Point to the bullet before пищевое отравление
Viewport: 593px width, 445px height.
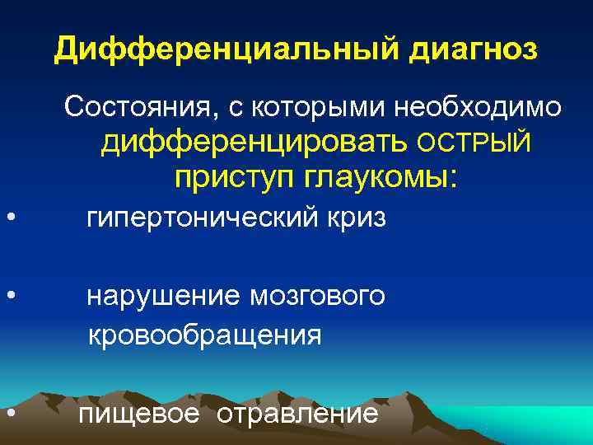tap(8, 412)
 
